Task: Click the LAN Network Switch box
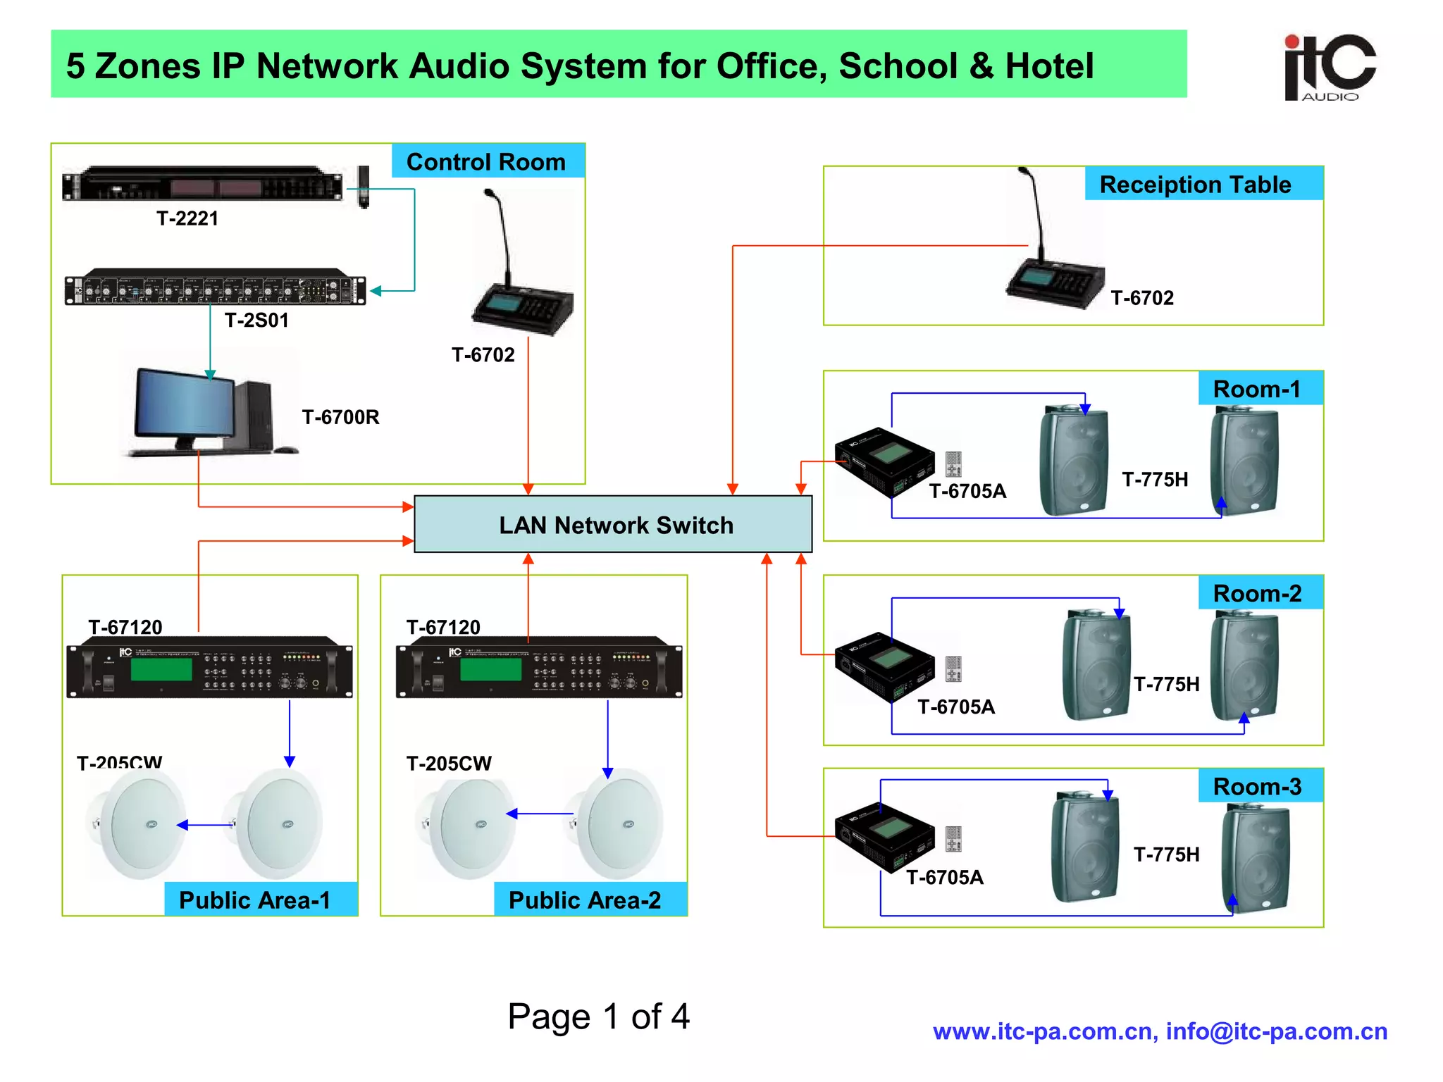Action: pyautogui.click(x=613, y=524)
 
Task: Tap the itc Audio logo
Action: pyautogui.click(x=1329, y=68)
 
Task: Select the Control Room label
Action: pyautogui.click(x=486, y=162)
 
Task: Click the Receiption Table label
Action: pyautogui.click(x=1196, y=185)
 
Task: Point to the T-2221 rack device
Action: pyautogui.click(x=203, y=185)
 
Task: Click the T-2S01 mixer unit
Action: pyautogui.click(x=215, y=288)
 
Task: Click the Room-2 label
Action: pyautogui.click(x=1258, y=594)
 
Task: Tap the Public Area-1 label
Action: pyautogui.click(x=254, y=900)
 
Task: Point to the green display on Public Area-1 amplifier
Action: pyautogui.click(x=161, y=669)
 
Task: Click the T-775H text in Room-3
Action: pyautogui.click(x=1166, y=854)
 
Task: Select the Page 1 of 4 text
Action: pyautogui.click(x=598, y=1016)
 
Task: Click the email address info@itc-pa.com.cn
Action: pyautogui.click(x=1276, y=1031)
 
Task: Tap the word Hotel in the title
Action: pyautogui.click(x=1049, y=66)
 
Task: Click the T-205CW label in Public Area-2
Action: pyautogui.click(x=449, y=764)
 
